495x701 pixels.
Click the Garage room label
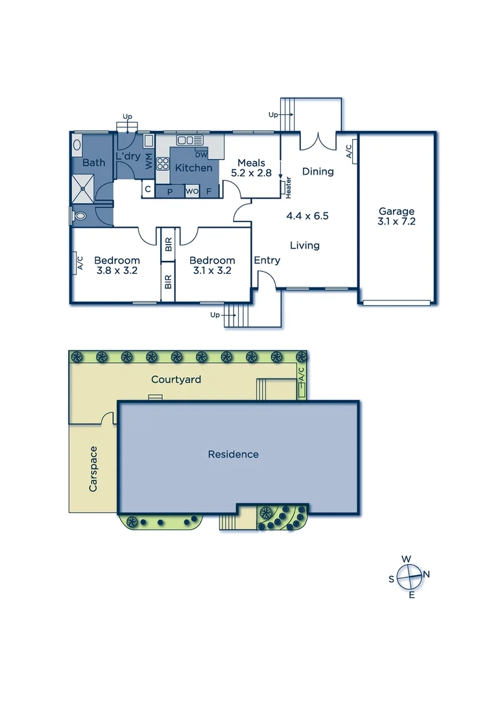396,211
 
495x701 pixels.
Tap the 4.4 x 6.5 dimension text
308,215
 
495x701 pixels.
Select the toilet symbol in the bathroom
79,216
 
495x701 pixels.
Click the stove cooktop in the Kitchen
162,163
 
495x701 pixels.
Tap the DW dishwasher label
201,154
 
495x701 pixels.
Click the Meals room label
251,163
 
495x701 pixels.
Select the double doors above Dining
318,140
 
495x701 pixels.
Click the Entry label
267,260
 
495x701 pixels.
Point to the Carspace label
93,468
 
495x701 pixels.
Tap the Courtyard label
176,379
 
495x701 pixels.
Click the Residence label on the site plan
233,454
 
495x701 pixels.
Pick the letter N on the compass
426,574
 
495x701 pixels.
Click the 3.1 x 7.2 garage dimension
396,221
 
